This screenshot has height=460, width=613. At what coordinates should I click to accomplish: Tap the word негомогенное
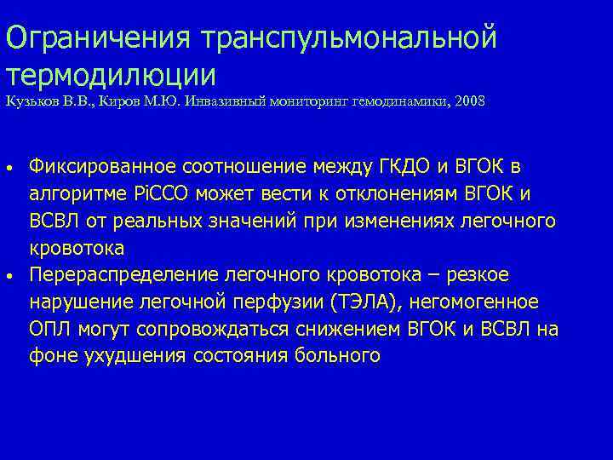[487, 302]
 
